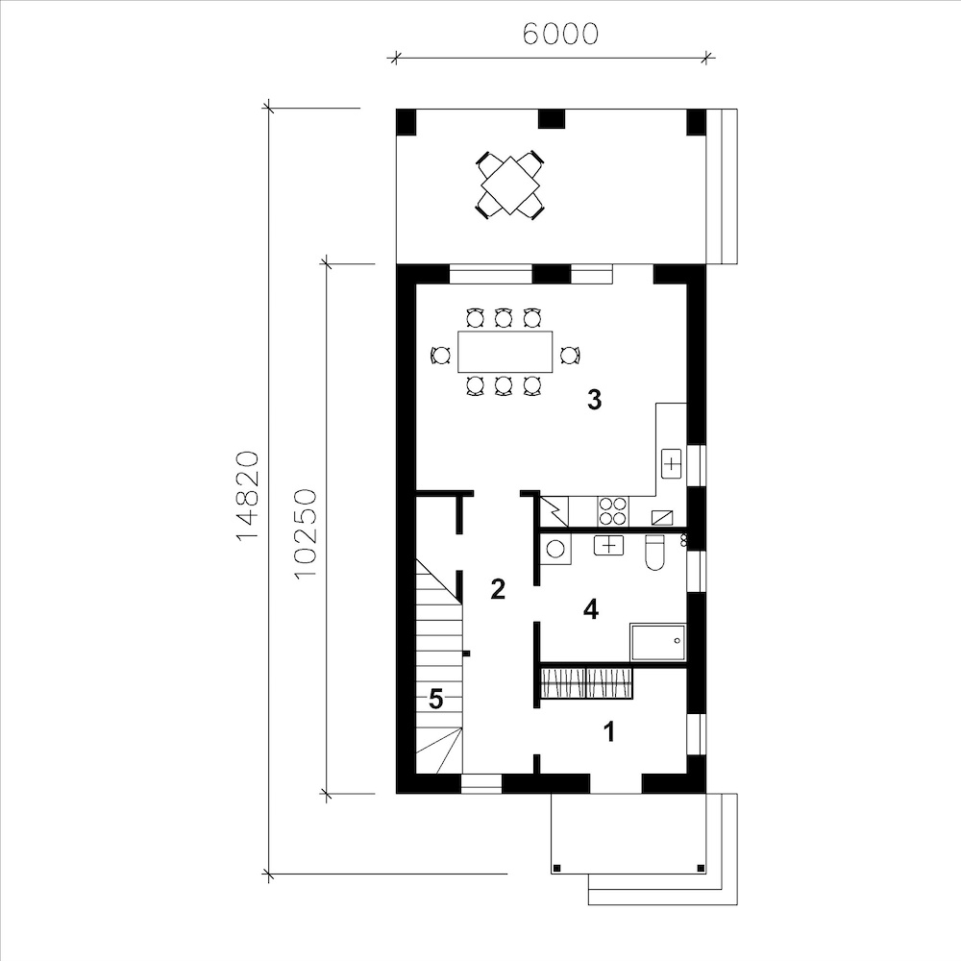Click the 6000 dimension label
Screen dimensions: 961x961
click(x=560, y=35)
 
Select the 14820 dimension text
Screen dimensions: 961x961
click(x=248, y=495)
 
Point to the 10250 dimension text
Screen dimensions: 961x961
click(x=305, y=533)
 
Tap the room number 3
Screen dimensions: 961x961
click(x=594, y=399)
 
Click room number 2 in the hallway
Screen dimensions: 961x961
click(x=498, y=589)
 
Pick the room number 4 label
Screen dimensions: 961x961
click(x=591, y=609)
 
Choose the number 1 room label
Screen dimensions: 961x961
click(x=609, y=731)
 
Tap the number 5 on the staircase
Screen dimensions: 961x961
click(x=435, y=699)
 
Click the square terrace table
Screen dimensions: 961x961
click(x=510, y=185)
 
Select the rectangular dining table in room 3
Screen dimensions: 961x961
click(x=505, y=352)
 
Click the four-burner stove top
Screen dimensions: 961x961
click(x=612, y=511)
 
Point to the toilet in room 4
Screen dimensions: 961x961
click(x=654, y=553)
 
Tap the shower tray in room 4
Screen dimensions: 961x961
click(x=658, y=642)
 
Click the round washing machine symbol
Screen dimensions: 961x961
click(x=555, y=548)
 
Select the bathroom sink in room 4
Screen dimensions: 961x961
click(x=608, y=545)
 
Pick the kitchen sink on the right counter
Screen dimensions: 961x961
click(x=672, y=464)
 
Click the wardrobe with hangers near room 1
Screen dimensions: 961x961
click(x=586, y=683)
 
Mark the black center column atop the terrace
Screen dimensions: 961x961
click(x=551, y=119)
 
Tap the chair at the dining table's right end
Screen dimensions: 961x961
click(x=570, y=355)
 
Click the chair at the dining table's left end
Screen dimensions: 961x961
click(x=441, y=355)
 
